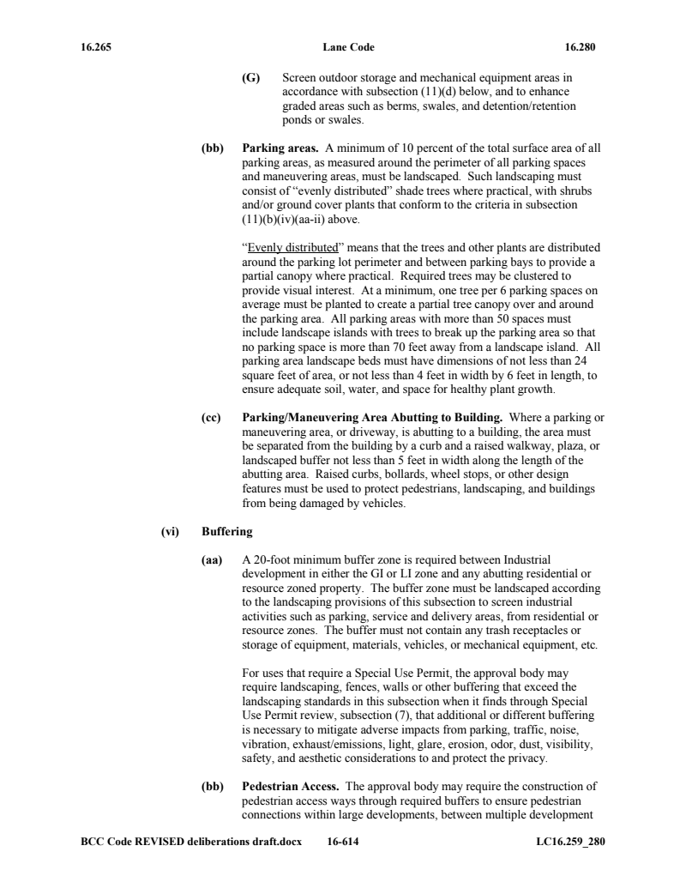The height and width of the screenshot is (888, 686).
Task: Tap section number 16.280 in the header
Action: tap(580, 47)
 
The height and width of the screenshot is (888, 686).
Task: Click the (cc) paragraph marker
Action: tap(211, 417)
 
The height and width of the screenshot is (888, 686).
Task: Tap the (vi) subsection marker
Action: tap(169, 532)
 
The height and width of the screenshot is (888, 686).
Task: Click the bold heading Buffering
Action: tap(227, 532)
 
